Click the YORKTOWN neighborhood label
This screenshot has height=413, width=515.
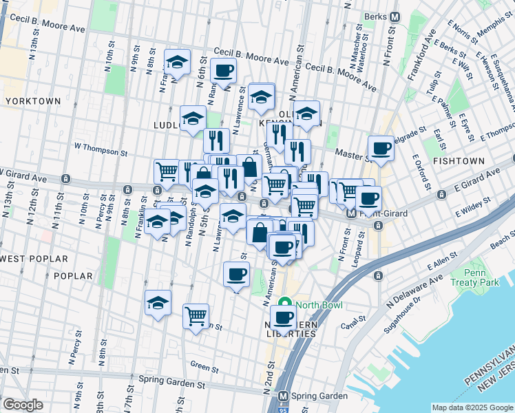pyautogui.click(x=32, y=101)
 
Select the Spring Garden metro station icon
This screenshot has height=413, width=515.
pyautogui.click(x=282, y=397)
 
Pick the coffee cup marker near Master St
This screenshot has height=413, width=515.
pyautogui.click(x=381, y=147)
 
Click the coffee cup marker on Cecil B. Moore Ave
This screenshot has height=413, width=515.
pyautogui.click(x=223, y=70)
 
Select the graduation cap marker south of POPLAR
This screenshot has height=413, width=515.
pyautogui.click(x=158, y=301)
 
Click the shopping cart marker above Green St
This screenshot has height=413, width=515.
pyautogui.click(x=196, y=316)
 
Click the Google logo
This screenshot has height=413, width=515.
pyautogui.click(x=23, y=405)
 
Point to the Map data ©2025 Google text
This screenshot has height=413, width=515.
pyautogui.click(x=472, y=407)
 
